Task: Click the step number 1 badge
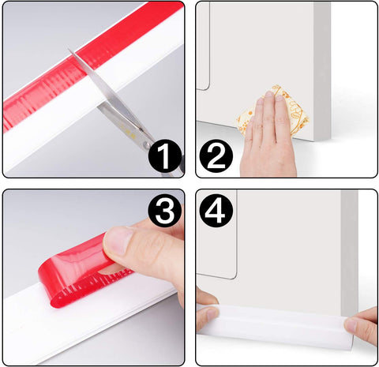(x=165, y=155)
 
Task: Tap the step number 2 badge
(x=216, y=155)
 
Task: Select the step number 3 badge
(x=165, y=211)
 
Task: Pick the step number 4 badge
(x=216, y=211)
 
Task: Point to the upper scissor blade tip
(x=69, y=49)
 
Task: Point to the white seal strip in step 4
(x=275, y=323)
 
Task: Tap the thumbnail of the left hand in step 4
(x=212, y=315)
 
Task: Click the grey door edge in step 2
(x=322, y=71)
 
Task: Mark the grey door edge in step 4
(x=350, y=253)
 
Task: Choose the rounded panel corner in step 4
(x=234, y=275)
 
